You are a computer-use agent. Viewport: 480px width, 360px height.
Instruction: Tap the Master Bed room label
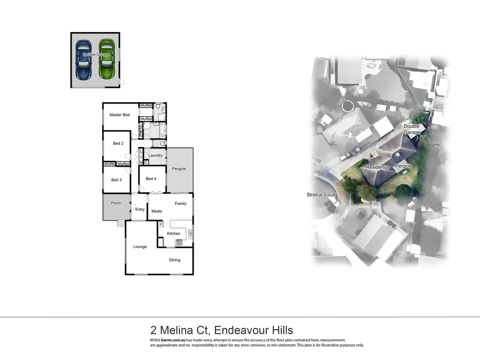(120, 115)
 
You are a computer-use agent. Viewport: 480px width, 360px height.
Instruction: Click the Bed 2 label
(118, 143)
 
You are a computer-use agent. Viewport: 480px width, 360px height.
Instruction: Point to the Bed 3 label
(116, 180)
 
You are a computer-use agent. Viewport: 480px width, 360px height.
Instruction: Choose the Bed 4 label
(151, 179)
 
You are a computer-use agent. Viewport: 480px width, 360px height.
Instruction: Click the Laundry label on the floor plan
(155, 155)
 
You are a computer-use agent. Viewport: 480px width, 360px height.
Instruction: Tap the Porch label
(116, 203)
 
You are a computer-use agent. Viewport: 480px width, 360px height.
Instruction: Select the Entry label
(140, 209)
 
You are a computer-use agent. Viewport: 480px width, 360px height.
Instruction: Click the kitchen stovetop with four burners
(179, 242)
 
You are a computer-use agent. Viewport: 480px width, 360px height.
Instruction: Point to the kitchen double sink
(190, 233)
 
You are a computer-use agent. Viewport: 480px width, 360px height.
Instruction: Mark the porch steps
(121, 223)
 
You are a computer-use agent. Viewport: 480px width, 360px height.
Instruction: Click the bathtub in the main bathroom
(163, 131)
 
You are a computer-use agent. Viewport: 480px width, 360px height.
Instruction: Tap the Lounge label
(140, 247)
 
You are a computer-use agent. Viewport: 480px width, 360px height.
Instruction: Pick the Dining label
(175, 260)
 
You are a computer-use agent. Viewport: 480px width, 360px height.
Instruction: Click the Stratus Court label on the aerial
(321, 195)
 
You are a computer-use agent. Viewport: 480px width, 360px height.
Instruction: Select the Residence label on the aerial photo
(377, 167)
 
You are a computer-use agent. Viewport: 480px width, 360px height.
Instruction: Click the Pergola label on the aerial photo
(403, 166)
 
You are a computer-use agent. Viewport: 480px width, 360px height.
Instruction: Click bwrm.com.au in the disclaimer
(173, 340)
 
